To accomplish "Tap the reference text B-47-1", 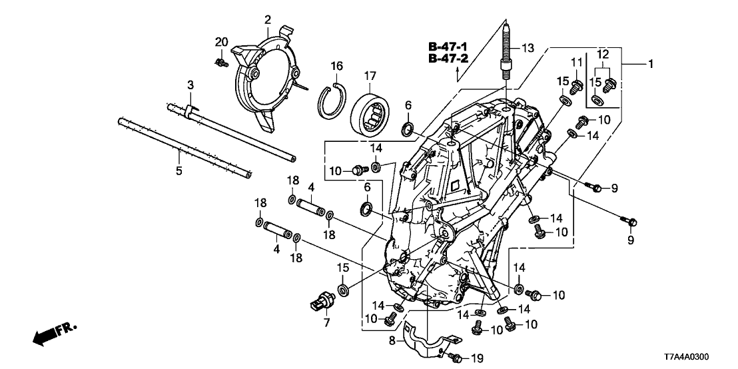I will [447, 47].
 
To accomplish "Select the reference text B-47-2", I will [447, 59].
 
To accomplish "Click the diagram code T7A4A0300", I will [697, 357].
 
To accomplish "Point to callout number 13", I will [528, 47].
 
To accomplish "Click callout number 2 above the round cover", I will [268, 19].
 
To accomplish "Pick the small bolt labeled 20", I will [221, 63].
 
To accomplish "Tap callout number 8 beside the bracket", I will [392, 340].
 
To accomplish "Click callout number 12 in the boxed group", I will [603, 53].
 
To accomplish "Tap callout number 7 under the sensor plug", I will [326, 322].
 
